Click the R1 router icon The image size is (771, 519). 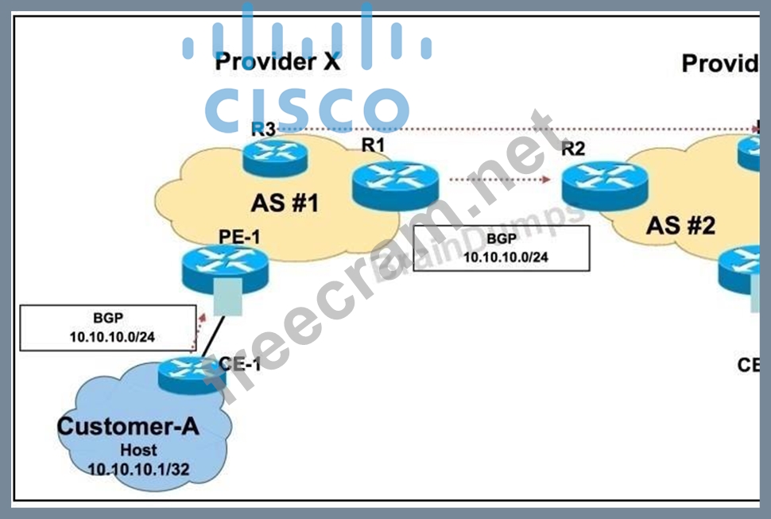coord(395,186)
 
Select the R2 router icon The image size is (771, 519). coord(604,186)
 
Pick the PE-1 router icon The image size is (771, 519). coord(223,269)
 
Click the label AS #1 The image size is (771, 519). coord(285,203)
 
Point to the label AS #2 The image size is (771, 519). coord(680,226)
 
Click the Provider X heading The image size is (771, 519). coord(277,62)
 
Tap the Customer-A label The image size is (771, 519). coord(128,426)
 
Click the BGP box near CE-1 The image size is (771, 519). coord(108,327)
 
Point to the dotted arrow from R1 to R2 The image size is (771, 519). coord(499,180)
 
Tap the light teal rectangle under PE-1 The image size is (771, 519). coord(227,295)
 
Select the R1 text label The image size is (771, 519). coord(372,145)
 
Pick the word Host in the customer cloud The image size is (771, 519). coord(138,449)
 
